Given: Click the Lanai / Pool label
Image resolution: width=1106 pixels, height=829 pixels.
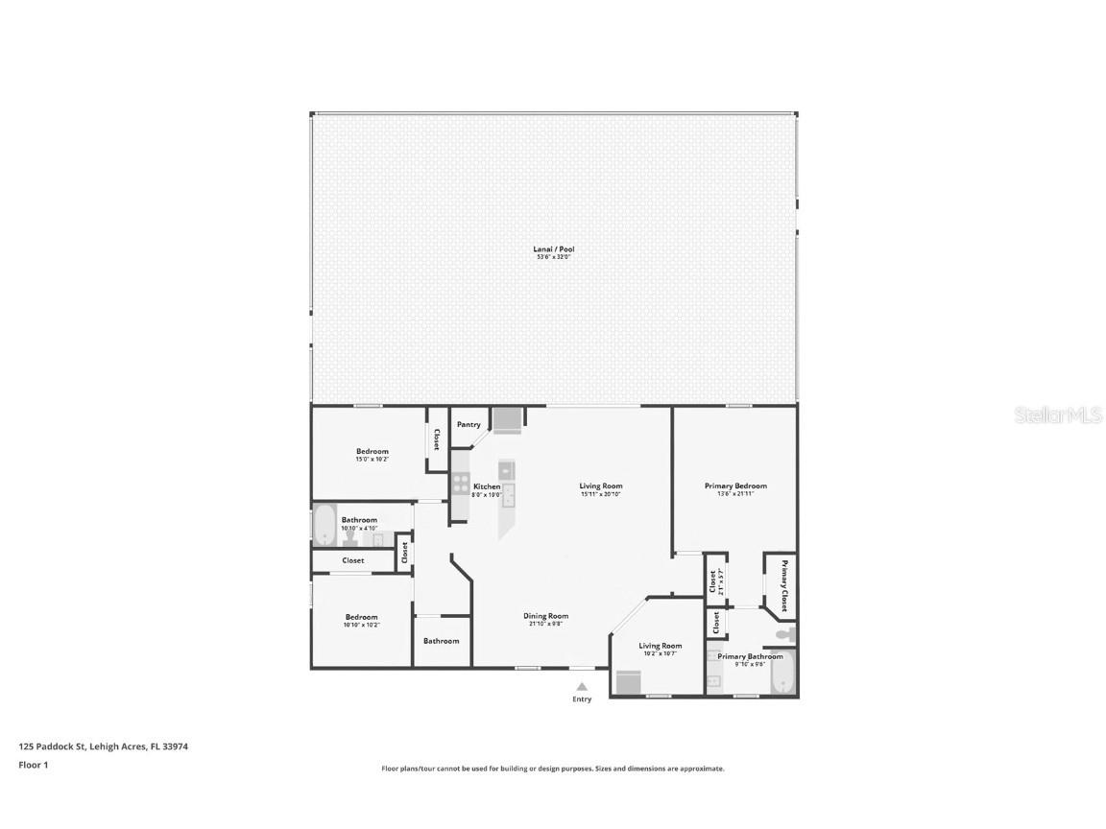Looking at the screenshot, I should click(x=553, y=249).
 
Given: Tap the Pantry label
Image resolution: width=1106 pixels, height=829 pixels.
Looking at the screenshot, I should click(x=469, y=424).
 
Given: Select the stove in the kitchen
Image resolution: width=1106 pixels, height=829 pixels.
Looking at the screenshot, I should click(x=462, y=486).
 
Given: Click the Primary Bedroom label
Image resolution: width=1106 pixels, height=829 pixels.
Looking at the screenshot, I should click(x=735, y=486).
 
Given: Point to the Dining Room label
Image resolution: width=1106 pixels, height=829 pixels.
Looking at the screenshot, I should click(x=545, y=616).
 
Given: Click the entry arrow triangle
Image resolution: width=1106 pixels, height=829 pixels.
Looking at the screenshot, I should click(x=581, y=686).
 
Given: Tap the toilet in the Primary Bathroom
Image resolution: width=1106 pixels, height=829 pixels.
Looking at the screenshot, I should click(x=786, y=635).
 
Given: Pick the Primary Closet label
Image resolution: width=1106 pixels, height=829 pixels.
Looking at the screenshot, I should click(x=783, y=586).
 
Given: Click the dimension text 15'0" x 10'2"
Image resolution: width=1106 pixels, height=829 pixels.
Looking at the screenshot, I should click(x=372, y=460).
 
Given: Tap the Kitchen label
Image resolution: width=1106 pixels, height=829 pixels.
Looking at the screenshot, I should click(x=487, y=486).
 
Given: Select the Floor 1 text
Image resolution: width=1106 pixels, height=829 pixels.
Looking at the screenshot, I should click(x=33, y=765).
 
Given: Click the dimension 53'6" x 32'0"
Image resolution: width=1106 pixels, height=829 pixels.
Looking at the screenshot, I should click(x=553, y=257).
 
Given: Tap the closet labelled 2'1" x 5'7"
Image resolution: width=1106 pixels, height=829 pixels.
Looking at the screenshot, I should click(x=715, y=580).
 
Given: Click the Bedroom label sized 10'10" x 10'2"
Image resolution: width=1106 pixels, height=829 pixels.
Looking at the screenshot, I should click(x=361, y=617).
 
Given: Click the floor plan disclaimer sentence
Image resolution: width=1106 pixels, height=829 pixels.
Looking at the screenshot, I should click(x=552, y=769).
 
